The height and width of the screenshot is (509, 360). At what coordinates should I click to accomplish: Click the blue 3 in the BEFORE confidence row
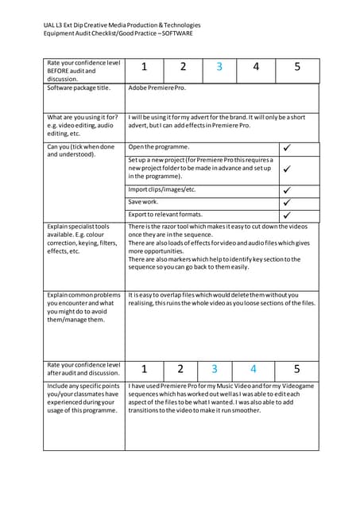point(219,68)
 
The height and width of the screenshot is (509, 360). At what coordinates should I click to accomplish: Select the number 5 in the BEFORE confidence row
point(297,68)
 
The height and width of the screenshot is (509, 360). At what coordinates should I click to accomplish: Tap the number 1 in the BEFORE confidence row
point(144,68)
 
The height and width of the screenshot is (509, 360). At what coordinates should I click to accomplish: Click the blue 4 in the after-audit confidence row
point(254,369)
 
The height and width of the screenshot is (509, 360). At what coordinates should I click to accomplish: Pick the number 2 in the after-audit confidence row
point(180,369)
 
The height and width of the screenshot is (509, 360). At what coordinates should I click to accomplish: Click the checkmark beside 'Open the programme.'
point(287,148)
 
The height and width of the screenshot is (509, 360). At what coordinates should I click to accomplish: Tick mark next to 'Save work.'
point(287,203)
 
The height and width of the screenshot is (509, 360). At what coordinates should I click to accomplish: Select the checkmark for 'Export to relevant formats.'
point(287,215)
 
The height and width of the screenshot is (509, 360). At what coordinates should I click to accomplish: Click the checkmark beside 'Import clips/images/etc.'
point(287,190)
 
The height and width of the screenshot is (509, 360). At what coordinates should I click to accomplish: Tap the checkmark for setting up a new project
point(287,169)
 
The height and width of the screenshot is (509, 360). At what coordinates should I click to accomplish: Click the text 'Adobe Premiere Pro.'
point(157,87)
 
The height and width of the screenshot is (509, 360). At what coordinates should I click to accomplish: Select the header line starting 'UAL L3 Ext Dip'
point(122,25)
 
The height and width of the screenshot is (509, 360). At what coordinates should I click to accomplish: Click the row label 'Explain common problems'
point(84,295)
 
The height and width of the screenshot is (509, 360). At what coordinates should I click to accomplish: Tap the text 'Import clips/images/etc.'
point(161,190)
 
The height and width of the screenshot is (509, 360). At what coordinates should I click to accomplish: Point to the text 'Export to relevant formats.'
point(165,215)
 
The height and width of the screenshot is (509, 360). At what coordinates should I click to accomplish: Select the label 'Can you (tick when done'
point(81,147)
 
